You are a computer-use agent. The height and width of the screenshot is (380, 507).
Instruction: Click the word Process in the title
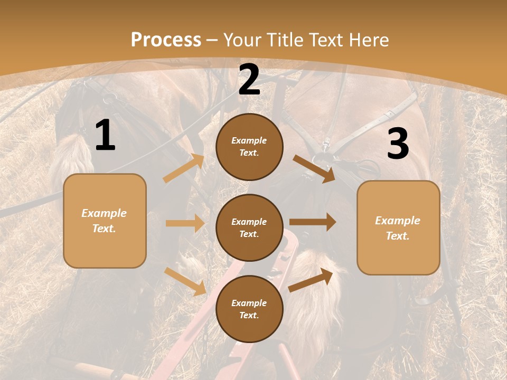pyautogui.click(x=166, y=40)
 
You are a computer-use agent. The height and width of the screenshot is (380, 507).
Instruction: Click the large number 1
pyautogui.click(x=105, y=136)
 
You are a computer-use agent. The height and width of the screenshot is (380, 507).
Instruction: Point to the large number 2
pyautogui.click(x=249, y=80)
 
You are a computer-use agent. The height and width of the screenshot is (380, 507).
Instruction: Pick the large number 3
pyautogui.click(x=398, y=144)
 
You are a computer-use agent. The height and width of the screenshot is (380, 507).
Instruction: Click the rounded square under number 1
pyautogui.click(x=105, y=221)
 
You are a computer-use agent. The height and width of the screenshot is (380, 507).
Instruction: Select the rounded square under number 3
pyautogui.click(x=398, y=228)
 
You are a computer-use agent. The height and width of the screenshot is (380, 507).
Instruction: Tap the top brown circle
pyautogui.click(x=249, y=147)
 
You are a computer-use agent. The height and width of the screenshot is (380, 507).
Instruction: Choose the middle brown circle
pyautogui.click(x=249, y=228)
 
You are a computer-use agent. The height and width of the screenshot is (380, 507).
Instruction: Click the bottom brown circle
pyautogui.click(x=249, y=309)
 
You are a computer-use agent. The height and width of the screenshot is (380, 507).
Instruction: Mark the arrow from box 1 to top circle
pyautogui.click(x=184, y=168)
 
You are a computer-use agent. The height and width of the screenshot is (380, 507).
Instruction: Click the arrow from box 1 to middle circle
pyautogui.click(x=185, y=223)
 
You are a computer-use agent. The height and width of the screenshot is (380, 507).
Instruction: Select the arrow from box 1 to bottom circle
pyautogui.click(x=185, y=281)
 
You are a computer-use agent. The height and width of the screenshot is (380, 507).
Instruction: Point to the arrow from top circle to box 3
pyautogui.click(x=314, y=169)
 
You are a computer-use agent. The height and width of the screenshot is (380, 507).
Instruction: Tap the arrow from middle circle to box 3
pyautogui.click(x=313, y=222)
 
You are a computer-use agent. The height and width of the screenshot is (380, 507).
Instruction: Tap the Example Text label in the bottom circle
pyautogui.click(x=249, y=309)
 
